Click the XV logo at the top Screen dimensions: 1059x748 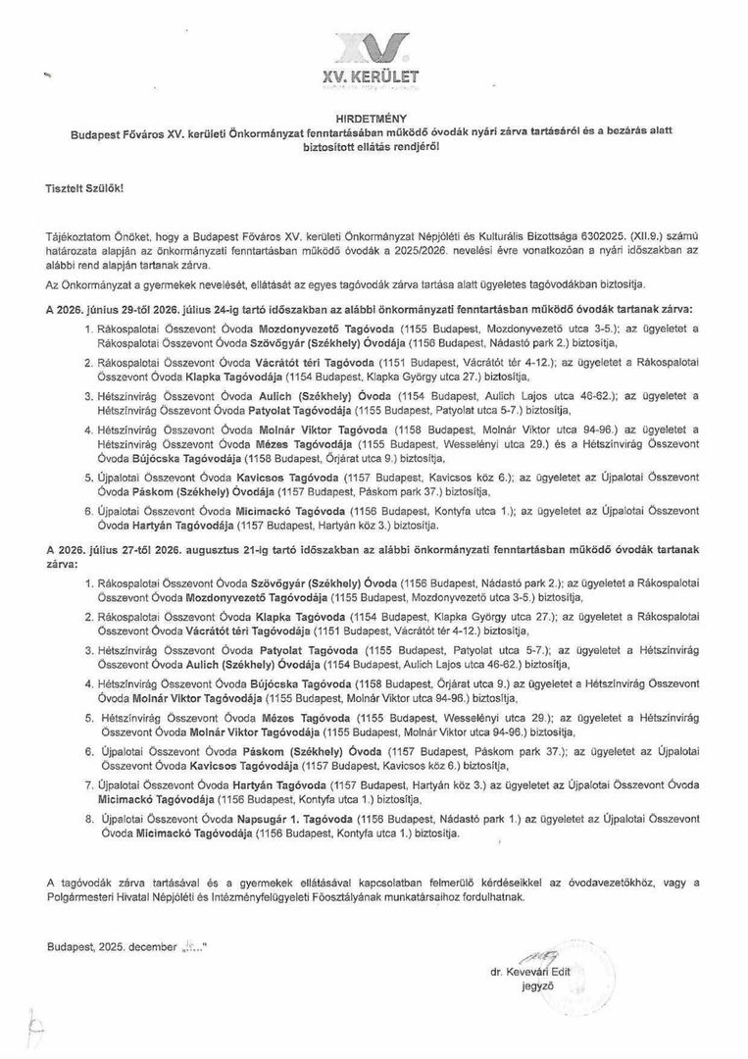[x=373, y=46]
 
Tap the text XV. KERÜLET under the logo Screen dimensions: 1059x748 [x=373, y=76]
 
